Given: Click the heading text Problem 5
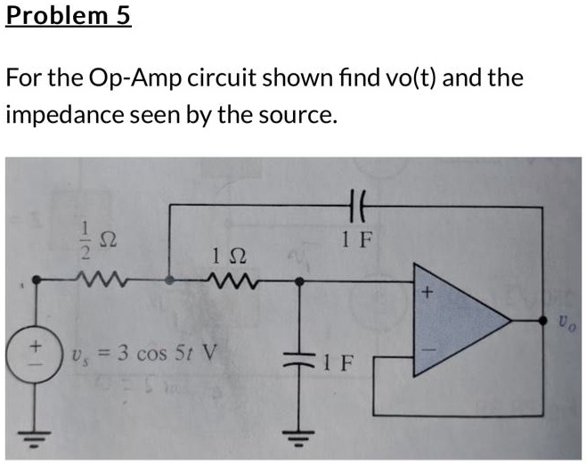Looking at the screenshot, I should tap(68, 17).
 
